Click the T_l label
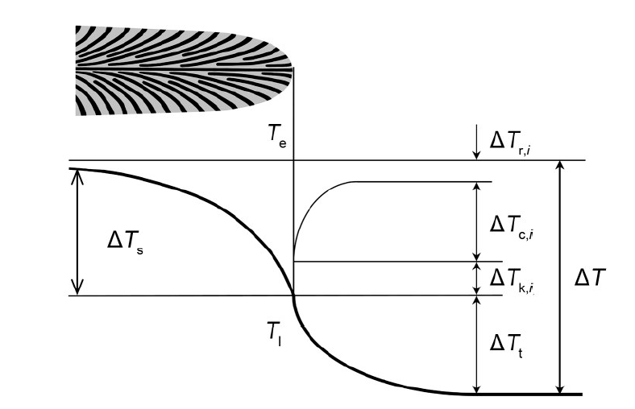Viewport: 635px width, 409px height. click(274, 334)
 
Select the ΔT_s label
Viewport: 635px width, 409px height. click(125, 241)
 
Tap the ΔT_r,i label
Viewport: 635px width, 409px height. click(510, 143)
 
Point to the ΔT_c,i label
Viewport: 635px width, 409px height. click(511, 225)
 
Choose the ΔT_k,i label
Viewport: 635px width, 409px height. click(512, 279)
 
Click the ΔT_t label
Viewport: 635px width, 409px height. click(506, 345)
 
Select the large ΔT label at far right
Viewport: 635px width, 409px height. click(590, 279)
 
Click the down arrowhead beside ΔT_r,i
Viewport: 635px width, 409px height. click(477, 155)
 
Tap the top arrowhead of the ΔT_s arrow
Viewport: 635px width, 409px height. click(77, 176)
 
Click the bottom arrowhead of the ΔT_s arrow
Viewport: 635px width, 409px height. click(77, 287)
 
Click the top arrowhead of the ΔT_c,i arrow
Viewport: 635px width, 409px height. click(477, 187)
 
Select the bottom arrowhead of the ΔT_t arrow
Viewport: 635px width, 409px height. click(477, 389)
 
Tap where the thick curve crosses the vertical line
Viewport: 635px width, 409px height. click(293, 295)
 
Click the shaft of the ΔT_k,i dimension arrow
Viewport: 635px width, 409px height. click(477, 279)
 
